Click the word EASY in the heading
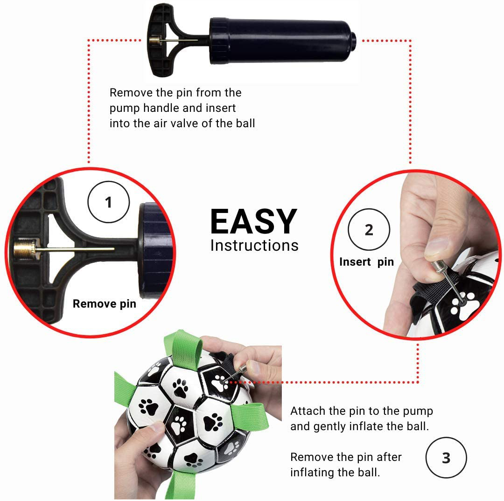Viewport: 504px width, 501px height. (253, 221)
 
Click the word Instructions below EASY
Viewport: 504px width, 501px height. (254, 246)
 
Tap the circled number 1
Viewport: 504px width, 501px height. (109, 202)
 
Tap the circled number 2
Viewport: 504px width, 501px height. (369, 229)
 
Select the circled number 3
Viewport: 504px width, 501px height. (446, 458)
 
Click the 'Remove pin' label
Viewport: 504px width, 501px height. (105, 303)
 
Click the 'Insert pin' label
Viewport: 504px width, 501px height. (366, 262)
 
